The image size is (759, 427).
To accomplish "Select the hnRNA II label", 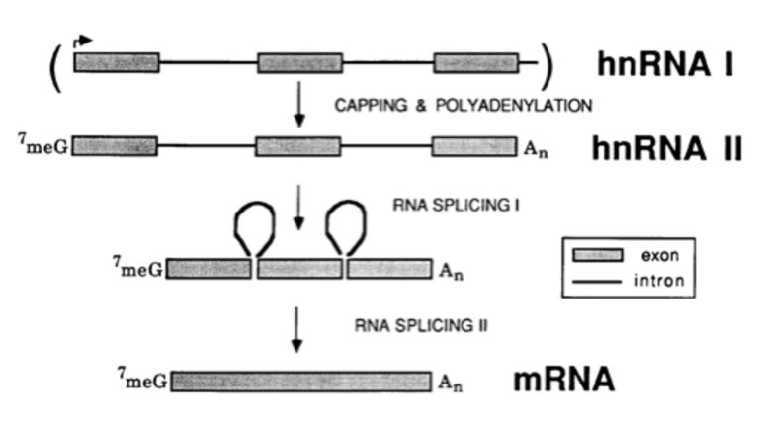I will coord(666,149).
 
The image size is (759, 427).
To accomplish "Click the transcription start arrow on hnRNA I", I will coord(83,42).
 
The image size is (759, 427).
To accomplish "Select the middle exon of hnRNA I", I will coord(299,63).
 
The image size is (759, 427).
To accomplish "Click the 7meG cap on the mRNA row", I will coord(142,379).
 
